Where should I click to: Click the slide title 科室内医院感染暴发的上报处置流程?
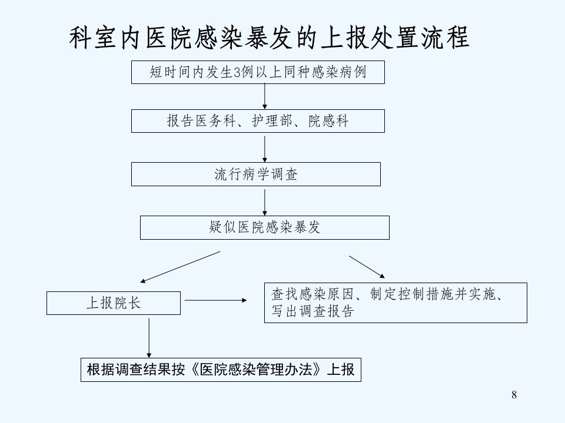tap(269, 38)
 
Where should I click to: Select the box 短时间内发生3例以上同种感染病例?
tap(258, 72)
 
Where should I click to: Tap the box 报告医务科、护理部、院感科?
tap(258, 121)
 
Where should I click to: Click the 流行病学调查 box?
tap(256, 174)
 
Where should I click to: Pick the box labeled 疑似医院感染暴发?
tap(265, 228)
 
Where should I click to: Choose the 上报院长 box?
tap(114, 303)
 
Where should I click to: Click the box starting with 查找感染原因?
tap(395, 303)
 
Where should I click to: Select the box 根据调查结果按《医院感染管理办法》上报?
tap(221, 370)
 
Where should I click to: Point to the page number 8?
tap(514, 395)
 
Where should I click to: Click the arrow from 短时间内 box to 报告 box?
tap(265, 96)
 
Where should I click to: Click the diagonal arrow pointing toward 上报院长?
tap(180, 267)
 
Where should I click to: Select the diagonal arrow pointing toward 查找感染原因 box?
tap(367, 267)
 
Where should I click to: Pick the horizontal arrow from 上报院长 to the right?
tap(215, 300)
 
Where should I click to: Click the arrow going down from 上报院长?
tap(149, 338)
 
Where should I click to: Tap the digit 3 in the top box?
tap(237, 73)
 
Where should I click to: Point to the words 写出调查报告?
tap(313, 311)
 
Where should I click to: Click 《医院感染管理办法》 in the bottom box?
tap(256, 370)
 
